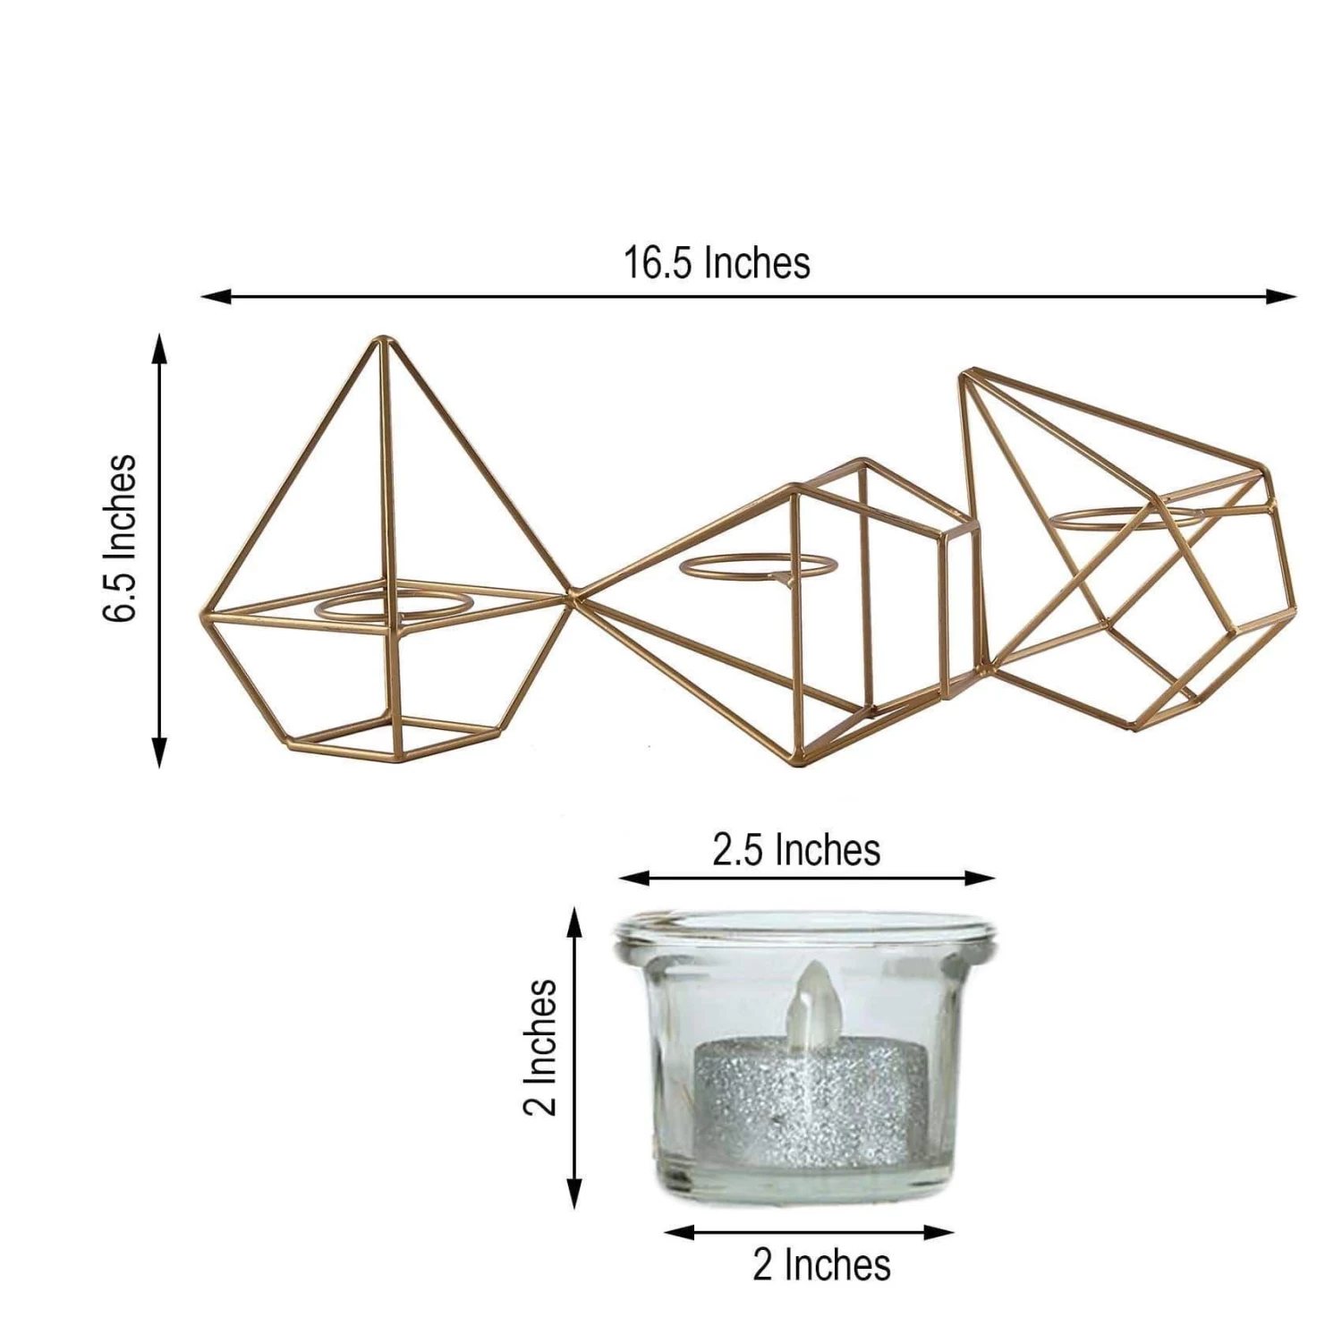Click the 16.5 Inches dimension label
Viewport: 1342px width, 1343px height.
tap(717, 264)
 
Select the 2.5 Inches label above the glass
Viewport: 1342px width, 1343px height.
tap(796, 849)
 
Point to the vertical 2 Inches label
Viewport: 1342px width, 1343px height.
tap(540, 1048)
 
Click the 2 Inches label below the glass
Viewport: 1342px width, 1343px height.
tap(821, 1265)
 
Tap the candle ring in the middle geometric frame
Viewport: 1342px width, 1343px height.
tap(757, 567)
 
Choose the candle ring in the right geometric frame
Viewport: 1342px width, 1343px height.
tap(1125, 519)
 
